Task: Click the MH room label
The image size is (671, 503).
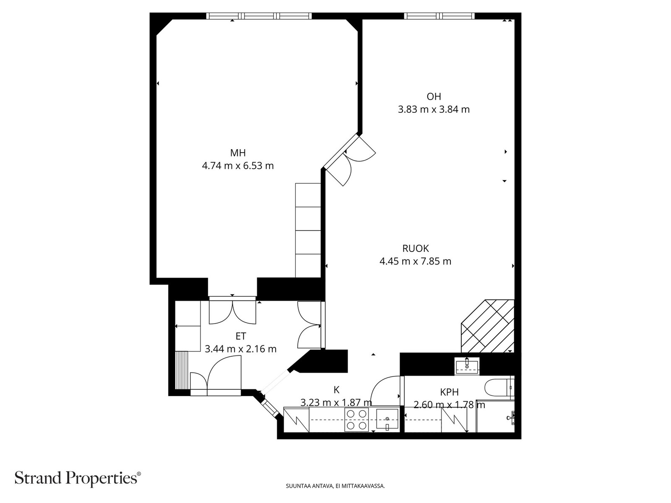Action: coord(238,153)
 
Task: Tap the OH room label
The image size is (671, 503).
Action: coord(434,96)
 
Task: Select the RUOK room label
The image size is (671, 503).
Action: coord(416,249)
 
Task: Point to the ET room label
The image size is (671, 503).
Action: coord(241,336)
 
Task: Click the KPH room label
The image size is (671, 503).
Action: coord(450,392)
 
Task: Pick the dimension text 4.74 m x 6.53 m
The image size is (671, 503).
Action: coord(238,166)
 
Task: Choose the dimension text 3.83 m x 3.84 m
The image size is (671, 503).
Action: coord(434,109)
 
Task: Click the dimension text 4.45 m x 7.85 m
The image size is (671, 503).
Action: coord(416,262)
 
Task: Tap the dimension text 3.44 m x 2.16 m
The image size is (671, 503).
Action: coord(241,349)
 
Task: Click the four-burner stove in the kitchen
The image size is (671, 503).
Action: coord(356,420)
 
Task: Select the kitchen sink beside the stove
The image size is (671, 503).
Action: coord(387,420)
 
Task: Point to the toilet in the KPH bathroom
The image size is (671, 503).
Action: coord(499,388)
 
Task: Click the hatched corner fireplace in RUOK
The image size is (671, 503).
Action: coord(488,326)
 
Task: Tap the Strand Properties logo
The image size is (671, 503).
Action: coord(78,478)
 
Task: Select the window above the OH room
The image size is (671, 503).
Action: coord(439,16)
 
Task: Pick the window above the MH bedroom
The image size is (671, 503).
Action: coord(259,16)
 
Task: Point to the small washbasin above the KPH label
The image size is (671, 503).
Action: coord(467,365)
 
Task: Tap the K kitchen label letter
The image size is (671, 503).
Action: coord(336,390)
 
